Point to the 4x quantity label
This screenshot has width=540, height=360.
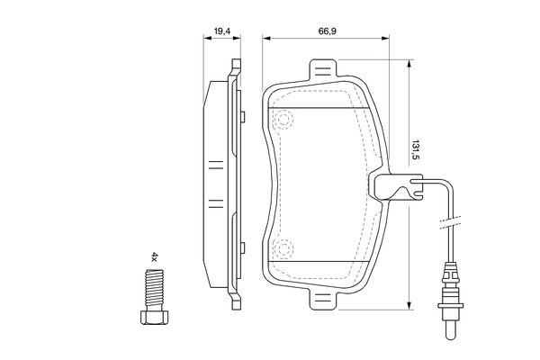tap(154, 257)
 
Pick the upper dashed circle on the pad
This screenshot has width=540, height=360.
tap(284, 119)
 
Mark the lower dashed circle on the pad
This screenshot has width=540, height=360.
tap(284, 249)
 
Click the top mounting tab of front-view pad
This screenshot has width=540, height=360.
tap(323, 70)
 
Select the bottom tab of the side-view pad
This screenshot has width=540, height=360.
tap(236, 299)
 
